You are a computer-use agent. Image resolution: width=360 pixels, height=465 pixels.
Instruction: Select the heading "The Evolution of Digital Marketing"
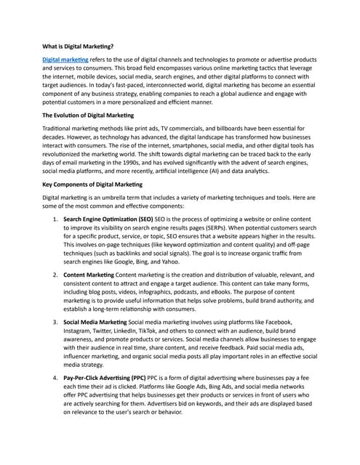pos(95,116)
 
